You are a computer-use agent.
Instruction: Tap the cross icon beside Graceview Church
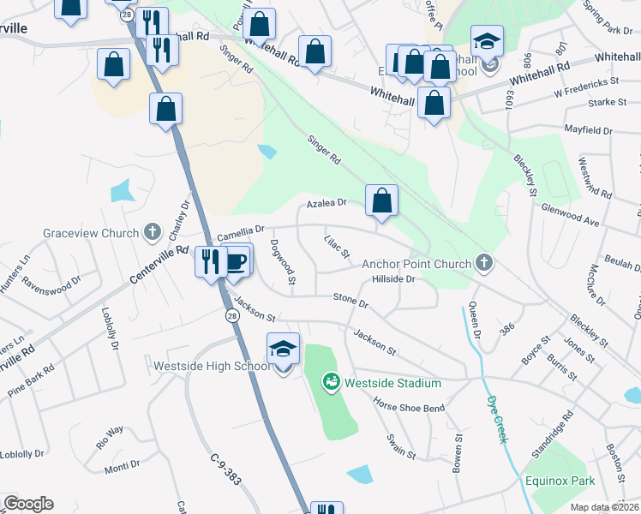[x=153, y=232]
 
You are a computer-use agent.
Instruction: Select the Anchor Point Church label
[x=416, y=264]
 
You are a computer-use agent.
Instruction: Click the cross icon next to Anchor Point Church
[x=485, y=263]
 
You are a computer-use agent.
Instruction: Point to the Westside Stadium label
[x=392, y=383]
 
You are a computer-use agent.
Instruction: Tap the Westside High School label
[x=211, y=366]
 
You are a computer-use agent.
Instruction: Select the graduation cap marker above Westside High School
[x=283, y=350]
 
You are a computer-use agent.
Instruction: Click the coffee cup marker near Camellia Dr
[x=237, y=260]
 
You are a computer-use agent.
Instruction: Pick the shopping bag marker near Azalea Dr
[x=381, y=201]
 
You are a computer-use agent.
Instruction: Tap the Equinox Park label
[x=561, y=481]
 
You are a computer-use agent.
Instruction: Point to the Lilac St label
[x=337, y=247]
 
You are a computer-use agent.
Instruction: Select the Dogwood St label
[x=283, y=262]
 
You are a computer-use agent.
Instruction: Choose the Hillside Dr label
[x=393, y=279]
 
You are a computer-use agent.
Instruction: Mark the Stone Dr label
[x=350, y=301]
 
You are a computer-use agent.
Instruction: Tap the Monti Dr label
[x=123, y=465]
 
